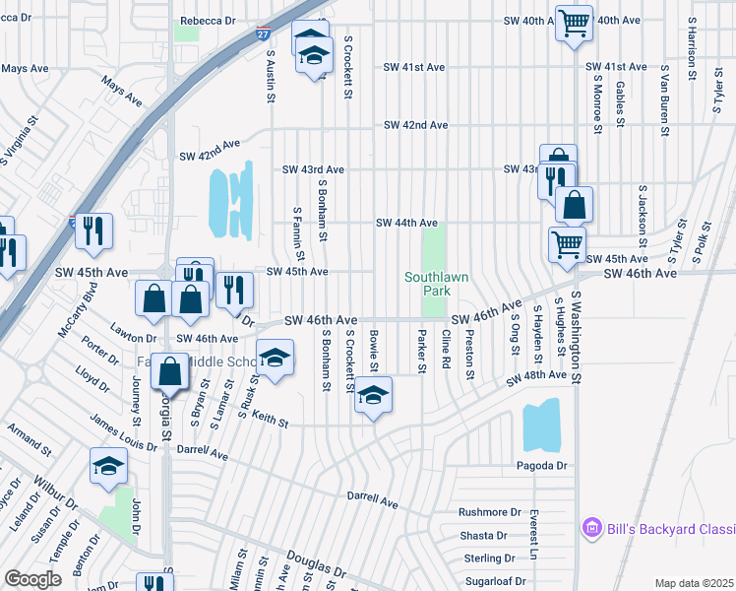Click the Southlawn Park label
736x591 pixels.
(427, 284)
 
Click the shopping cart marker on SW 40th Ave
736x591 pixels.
(573, 22)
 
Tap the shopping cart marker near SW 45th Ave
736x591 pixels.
(566, 244)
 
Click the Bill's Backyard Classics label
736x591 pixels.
(668, 529)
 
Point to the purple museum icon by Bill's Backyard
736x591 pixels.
(590, 529)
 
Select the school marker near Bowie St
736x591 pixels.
(372, 397)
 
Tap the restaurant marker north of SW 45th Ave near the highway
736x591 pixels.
(94, 230)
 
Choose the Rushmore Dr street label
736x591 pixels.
(489, 512)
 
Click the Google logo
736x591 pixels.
(32, 579)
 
